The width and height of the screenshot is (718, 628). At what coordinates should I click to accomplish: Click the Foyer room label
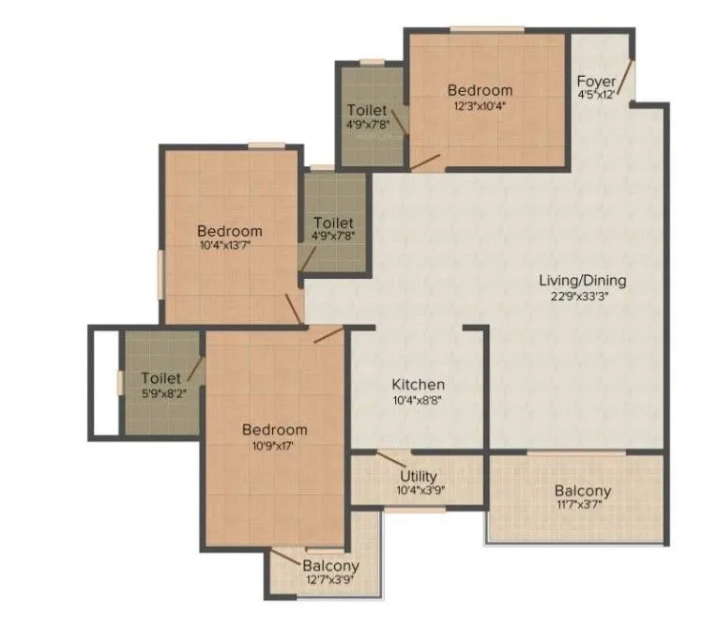click(x=596, y=81)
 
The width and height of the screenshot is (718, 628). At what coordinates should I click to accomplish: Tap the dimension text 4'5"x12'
click(x=596, y=95)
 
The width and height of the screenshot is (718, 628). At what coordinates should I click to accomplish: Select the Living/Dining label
click(x=582, y=280)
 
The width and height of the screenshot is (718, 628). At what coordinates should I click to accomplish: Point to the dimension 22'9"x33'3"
click(x=582, y=296)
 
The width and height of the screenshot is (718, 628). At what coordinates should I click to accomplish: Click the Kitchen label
click(x=418, y=385)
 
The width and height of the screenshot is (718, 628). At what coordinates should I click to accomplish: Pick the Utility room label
click(x=419, y=476)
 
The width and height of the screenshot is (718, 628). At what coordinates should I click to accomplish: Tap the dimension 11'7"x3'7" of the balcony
click(x=582, y=507)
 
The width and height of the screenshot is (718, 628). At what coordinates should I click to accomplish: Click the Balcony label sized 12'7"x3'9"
click(x=330, y=566)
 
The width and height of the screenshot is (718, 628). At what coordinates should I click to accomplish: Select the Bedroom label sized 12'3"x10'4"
click(x=480, y=90)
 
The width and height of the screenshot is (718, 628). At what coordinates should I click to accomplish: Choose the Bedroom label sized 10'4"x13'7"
click(x=229, y=231)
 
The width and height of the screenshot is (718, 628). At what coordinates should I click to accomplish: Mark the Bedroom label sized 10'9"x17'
click(x=274, y=430)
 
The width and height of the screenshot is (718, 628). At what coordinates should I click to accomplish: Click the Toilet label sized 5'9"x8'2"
click(x=160, y=378)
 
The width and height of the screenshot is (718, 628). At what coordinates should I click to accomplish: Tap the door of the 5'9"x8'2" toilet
click(x=195, y=370)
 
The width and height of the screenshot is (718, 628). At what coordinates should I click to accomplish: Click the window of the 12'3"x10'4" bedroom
click(x=486, y=29)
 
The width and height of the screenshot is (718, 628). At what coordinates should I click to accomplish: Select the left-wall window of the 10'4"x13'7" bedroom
click(x=160, y=271)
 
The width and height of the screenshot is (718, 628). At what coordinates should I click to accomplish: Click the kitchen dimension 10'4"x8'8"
click(x=418, y=401)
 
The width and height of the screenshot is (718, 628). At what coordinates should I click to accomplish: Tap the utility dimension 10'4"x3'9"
click(x=419, y=490)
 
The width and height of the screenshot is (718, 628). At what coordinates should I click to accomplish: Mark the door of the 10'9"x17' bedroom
click(x=328, y=335)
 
